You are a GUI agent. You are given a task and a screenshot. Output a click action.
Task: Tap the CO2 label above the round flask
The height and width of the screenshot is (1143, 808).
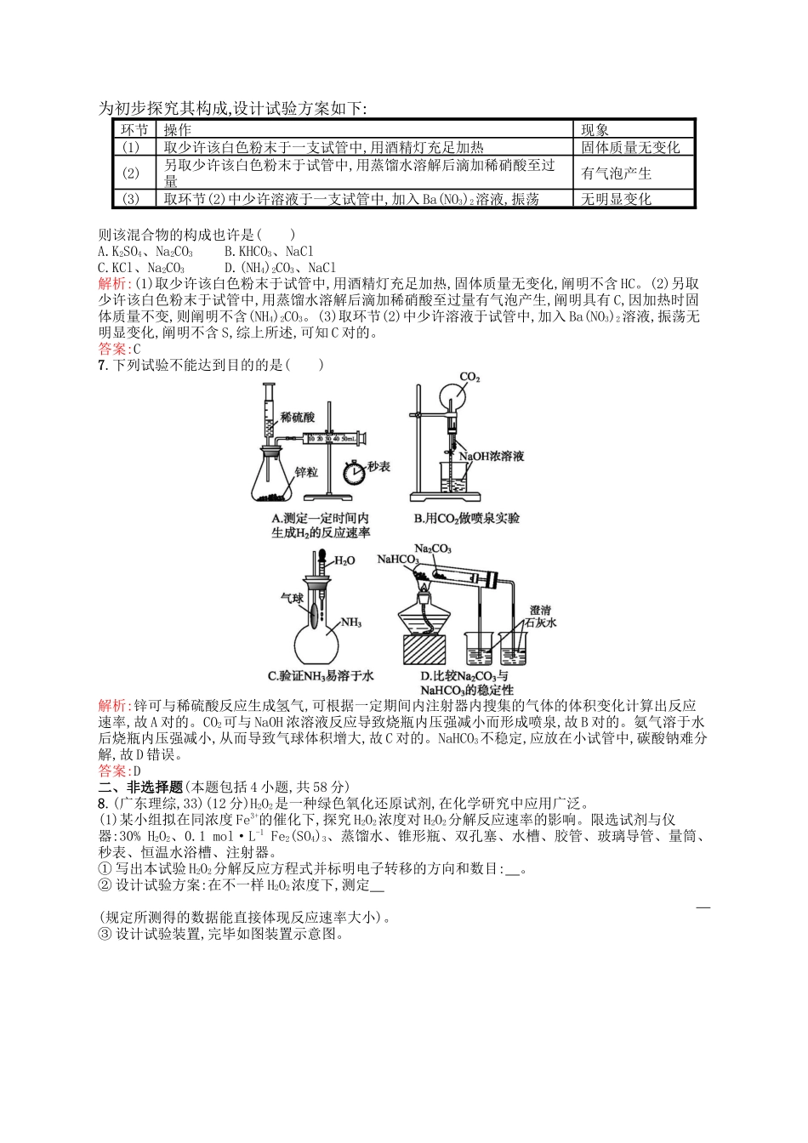(x=469, y=377)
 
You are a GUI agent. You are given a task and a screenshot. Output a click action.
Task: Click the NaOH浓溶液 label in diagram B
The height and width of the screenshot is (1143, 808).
(x=491, y=457)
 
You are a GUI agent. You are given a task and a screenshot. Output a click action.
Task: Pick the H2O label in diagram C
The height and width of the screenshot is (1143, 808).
(x=344, y=561)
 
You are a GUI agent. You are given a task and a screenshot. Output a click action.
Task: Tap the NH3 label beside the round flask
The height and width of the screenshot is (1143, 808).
(x=350, y=623)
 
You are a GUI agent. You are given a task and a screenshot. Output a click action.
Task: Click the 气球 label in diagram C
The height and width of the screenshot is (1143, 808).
(x=292, y=599)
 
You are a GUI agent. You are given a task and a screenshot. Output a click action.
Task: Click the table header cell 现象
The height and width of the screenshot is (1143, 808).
(x=595, y=130)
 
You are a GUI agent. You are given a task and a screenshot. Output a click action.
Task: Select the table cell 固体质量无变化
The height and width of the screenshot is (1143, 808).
(x=630, y=147)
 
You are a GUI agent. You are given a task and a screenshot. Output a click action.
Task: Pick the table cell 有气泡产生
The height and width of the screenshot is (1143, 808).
(x=616, y=173)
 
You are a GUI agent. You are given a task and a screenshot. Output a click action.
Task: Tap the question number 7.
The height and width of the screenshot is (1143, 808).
(x=102, y=365)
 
